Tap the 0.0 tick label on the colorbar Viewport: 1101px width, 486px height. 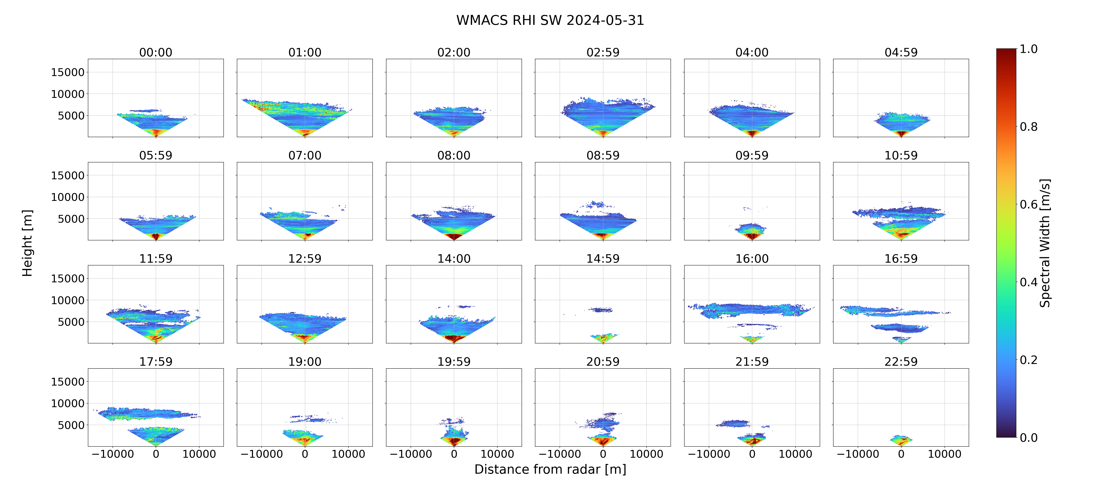(1028, 438)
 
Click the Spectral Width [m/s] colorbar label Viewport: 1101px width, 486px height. (1045, 243)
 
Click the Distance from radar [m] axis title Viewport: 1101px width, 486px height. (550, 469)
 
